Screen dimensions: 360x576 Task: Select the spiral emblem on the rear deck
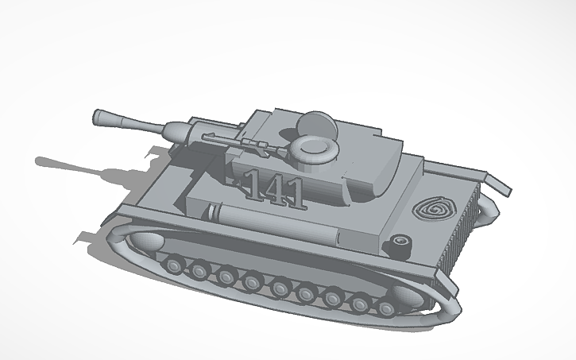(433, 209)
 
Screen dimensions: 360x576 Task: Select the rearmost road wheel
(386, 307)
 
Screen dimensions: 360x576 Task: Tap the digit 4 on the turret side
(273, 188)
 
